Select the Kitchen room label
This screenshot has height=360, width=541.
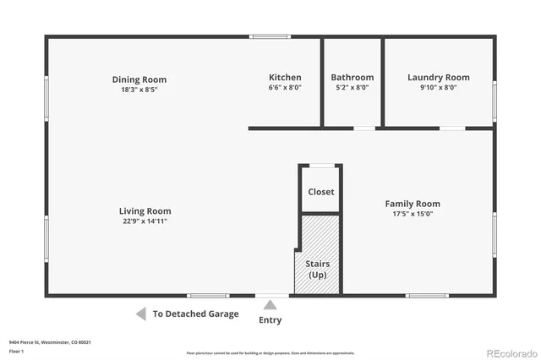coord(285,78)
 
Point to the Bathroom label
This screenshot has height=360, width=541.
coord(352,78)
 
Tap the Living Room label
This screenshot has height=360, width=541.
coord(145,211)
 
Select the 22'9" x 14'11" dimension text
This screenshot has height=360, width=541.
coord(145,221)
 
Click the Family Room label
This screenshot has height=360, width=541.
coord(413,204)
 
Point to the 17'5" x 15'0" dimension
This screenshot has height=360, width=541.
coord(413,214)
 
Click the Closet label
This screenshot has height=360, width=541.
coord(320,192)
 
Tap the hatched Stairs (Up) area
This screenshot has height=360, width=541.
coord(318,254)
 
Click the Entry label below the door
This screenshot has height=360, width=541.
coord(270,320)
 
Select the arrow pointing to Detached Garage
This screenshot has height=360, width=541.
coord(140,314)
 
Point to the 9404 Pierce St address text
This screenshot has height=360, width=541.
coord(50,342)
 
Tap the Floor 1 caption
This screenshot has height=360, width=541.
coord(16,350)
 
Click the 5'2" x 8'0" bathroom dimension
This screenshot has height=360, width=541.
coord(352,87)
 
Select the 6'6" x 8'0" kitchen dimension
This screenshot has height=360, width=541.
coord(285,87)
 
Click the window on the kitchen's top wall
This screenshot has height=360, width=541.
coord(270,36)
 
